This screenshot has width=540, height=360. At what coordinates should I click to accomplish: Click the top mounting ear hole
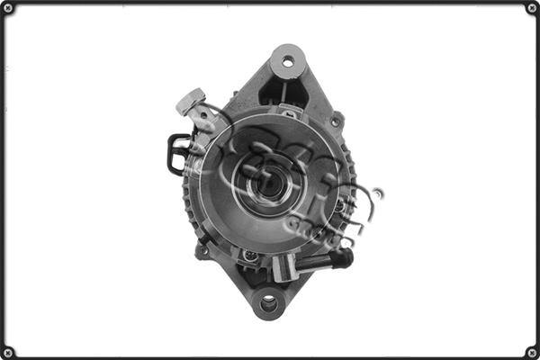click(288, 61)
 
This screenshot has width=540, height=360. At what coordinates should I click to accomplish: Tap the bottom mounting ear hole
click(268, 303)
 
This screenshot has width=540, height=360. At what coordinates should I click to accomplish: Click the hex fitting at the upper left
click(190, 101)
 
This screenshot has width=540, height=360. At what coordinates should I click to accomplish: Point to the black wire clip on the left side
click(176, 153)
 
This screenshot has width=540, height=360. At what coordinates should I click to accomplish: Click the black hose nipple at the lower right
click(340, 258)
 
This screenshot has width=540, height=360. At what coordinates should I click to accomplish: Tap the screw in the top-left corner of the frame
click(8, 8)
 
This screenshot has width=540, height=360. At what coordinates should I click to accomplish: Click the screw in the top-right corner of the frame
click(531, 8)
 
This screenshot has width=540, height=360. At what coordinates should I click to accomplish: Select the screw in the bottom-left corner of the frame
click(8, 351)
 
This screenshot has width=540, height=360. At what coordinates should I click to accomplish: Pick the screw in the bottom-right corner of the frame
click(531, 351)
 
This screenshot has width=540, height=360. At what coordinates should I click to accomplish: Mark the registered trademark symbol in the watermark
click(378, 193)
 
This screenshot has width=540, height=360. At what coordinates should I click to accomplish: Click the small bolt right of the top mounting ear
click(336, 120)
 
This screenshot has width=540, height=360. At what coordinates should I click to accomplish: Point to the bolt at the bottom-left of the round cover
click(250, 256)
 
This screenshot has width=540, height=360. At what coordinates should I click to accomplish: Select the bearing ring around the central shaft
click(269, 171)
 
